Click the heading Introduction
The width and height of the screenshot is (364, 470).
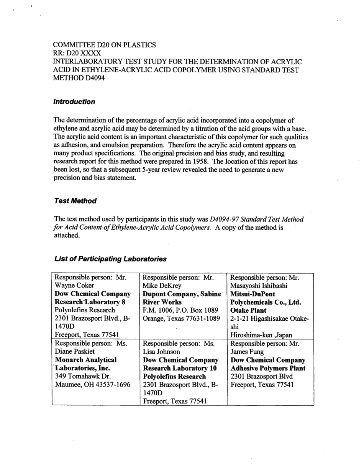[x=74, y=102]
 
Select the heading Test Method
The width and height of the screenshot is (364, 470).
[x=75, y=201]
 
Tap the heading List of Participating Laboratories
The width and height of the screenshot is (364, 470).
[x=110, y=259]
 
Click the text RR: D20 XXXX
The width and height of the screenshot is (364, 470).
[x=77, y=53]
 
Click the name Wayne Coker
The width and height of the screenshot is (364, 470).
[x=74, y=286]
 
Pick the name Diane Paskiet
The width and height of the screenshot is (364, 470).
[x=75, y=351]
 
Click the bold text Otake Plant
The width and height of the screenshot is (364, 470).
[x=248, y=310]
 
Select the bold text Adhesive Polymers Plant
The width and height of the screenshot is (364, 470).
[x=268, y=368]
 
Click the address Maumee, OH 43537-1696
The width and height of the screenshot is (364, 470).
[x=93, y=384]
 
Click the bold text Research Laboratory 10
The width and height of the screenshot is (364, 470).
[x=180, y=368]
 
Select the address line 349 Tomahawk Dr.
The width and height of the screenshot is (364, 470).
[x=83, y=376]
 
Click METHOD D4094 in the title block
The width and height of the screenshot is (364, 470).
[x=79, y=78]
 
